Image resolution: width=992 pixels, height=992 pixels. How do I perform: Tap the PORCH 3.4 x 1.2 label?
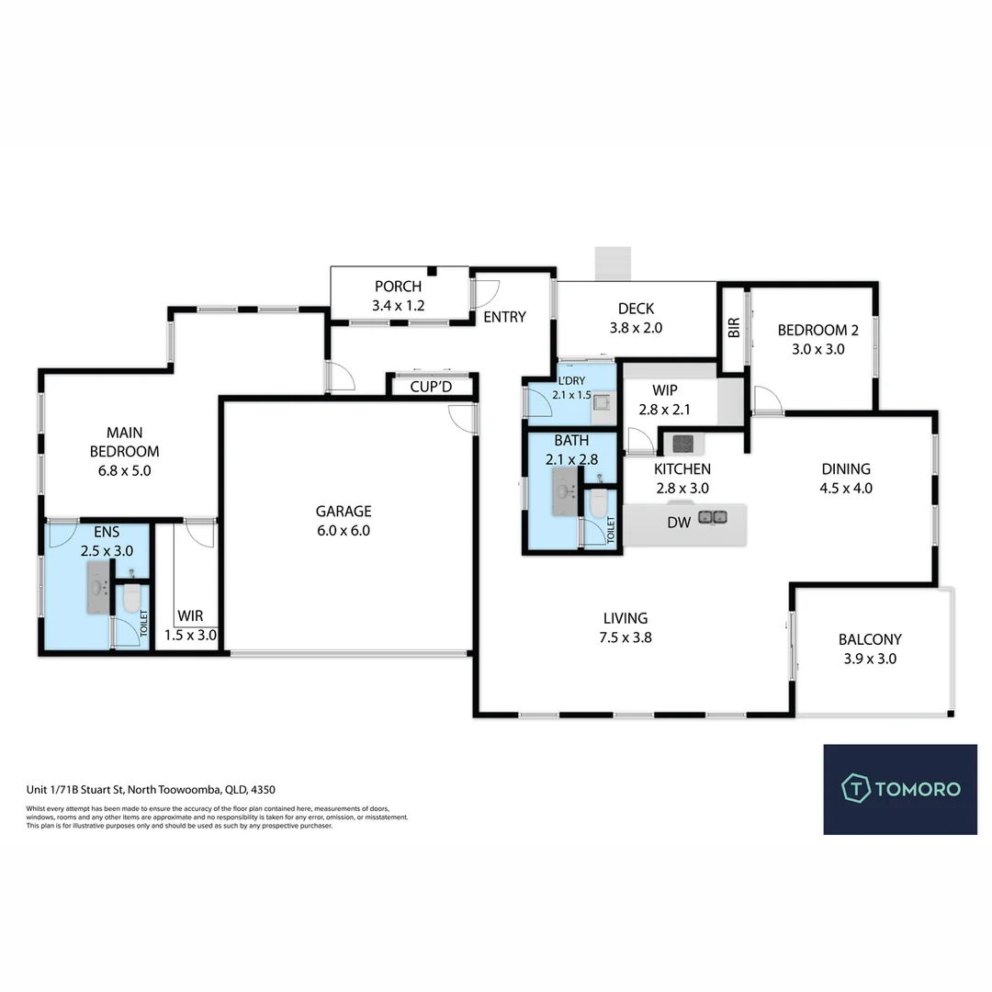click(398, 296)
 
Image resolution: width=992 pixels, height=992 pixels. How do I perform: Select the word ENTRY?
click(505, 317)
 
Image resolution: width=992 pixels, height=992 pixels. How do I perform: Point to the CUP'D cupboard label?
click(431, 387)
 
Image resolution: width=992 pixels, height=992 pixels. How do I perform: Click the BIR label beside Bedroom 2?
click(734, 328)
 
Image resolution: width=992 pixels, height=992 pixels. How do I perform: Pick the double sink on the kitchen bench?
click(713, 517)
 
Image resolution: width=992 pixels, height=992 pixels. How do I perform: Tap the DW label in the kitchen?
click(679, 523)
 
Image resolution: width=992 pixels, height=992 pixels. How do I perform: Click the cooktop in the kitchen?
click(683, 444)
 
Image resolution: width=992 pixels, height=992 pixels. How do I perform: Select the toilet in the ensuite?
click(131, 597)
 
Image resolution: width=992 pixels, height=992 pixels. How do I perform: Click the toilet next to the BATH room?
click(598, 502)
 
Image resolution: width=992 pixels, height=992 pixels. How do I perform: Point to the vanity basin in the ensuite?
click(97, 587)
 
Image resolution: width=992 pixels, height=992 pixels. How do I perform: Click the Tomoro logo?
click(900, 789)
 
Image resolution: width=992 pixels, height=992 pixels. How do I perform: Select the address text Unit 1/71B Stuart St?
click(76, 790)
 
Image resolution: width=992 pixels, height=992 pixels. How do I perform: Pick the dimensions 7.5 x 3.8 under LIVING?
click(626, 637)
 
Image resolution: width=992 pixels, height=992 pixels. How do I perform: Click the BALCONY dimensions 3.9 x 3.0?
click(870, 659)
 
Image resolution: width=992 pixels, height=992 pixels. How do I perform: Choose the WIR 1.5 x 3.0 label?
click(190, 626)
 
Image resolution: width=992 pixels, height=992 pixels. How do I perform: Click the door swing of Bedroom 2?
click(768, 400)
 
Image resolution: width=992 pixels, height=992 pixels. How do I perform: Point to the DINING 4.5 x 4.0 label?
click(846, 479)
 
